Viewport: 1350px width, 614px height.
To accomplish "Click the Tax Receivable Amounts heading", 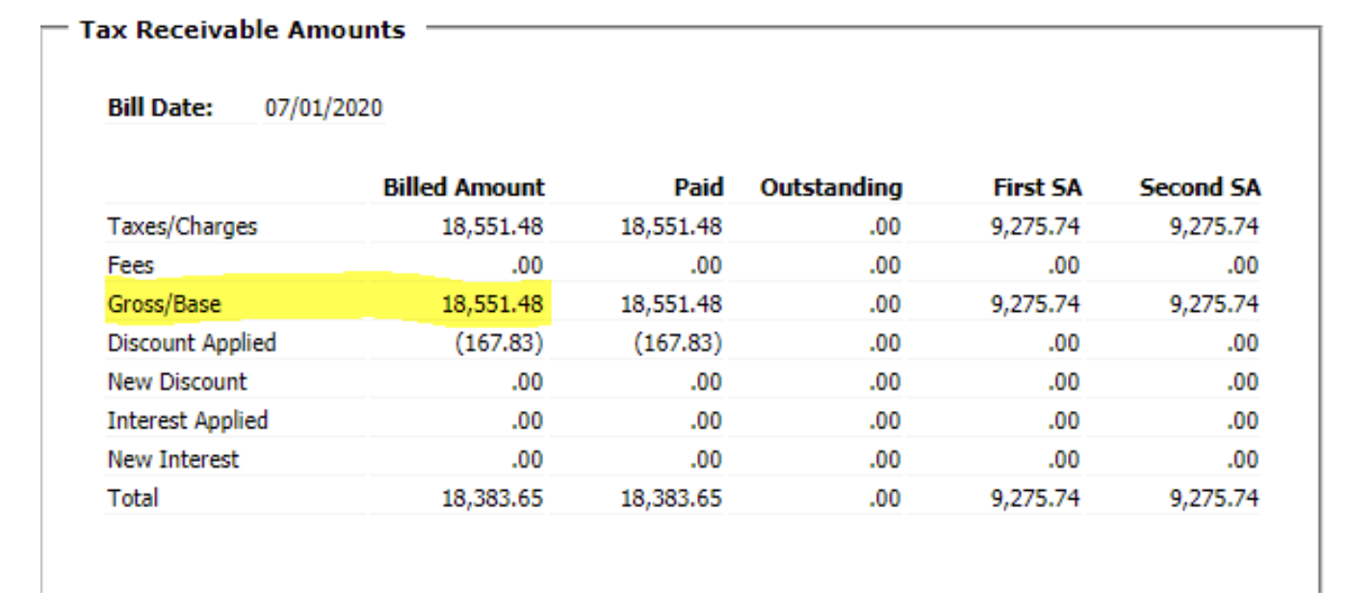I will coord(243,30).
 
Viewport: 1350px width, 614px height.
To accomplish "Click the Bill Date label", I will coord(160,108).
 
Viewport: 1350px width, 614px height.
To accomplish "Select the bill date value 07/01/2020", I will coord(324,108).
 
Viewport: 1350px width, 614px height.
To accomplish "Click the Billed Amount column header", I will coord(463,187).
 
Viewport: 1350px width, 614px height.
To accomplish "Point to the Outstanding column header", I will coord(831,187).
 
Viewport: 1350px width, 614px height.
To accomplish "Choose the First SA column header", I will coord(1037,187).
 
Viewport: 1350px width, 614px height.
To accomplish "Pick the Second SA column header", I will coord(1199,187).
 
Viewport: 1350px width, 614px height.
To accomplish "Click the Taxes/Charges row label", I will coord(182,227).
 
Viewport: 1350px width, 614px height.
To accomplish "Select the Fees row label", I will coord(131,266).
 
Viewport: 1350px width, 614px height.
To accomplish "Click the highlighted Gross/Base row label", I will coord(164,305).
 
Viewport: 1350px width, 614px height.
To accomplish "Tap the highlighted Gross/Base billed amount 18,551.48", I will coord(492,305).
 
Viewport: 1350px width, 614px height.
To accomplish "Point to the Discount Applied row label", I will coord(192,344).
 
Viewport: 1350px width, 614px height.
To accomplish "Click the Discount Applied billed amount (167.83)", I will coord(499,344).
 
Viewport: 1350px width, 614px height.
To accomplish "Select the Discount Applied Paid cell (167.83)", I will coord(678,344).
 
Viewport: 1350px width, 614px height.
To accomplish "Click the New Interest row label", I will coord(173,460).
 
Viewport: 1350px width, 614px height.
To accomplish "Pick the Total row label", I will coord(133,499).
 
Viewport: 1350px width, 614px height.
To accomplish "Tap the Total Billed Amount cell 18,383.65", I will coord(492,499).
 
